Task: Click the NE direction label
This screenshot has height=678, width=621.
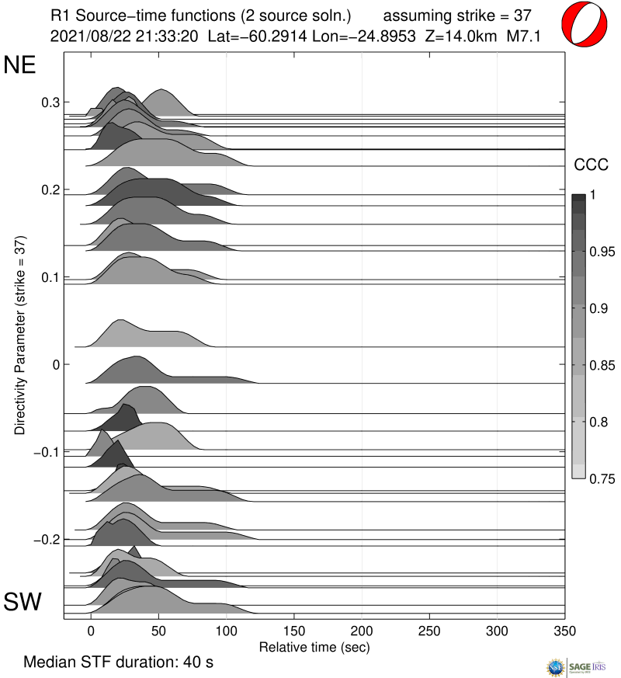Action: (20, 65)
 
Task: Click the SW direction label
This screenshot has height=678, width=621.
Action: (23, 602)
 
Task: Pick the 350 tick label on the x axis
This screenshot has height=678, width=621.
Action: (564, 631)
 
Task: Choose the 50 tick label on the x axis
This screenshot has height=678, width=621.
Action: (158, 631)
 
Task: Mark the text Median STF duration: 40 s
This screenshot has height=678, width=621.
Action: (118, 662)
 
